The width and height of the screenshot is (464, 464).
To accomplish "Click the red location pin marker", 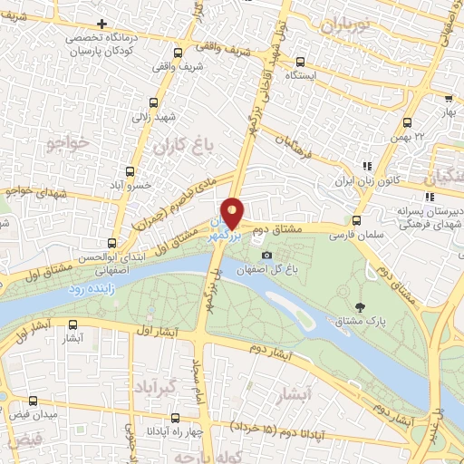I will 233,213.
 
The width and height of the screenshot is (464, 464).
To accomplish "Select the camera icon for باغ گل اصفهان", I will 266,255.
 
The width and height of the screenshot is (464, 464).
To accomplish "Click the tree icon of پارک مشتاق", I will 362,306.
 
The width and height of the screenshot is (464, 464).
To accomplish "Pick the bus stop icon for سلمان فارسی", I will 355,220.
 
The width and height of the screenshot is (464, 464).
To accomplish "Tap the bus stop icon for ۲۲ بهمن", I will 406,121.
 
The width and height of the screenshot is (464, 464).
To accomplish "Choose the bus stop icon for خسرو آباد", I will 130,170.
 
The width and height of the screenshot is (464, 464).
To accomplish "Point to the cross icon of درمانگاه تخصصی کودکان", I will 102,24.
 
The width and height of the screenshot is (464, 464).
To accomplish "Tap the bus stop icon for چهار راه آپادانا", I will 175,420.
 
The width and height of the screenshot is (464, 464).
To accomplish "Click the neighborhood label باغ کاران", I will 175,145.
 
